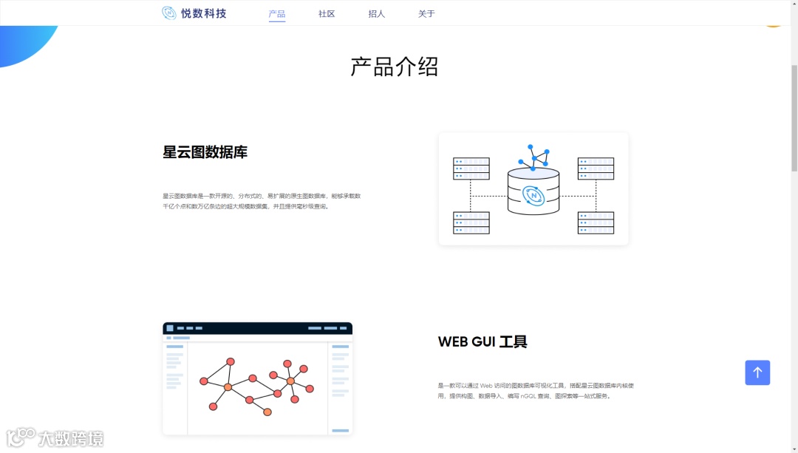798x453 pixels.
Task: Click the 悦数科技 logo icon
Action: point(169,13)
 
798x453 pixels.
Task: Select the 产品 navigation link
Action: point(277,14)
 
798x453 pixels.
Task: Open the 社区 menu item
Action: point(327,14)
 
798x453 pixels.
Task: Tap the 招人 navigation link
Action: point(377,14)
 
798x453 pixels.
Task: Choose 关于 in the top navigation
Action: point(426,14)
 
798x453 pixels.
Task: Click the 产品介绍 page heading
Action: point(395,67)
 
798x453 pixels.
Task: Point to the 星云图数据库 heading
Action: point(205,152)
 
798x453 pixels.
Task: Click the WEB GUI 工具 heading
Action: point(482,342)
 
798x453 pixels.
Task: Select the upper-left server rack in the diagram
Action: point(471,168)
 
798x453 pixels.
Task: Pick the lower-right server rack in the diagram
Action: point(596,222)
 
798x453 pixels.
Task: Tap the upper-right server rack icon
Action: point(596,168)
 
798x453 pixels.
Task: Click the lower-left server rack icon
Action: point(471,222)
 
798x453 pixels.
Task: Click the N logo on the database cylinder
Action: point(533,196)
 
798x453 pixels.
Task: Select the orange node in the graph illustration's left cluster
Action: point(228,387)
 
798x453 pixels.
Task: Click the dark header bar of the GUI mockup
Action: point(257,328)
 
